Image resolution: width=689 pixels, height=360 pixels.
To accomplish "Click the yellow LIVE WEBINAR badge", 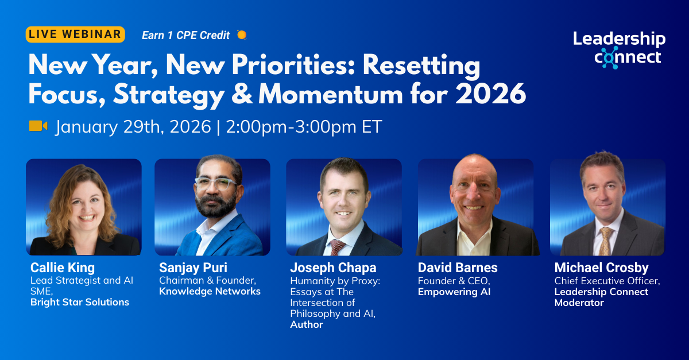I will [x=75, y=34].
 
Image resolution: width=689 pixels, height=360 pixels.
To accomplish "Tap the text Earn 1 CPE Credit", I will [x=185, y=35].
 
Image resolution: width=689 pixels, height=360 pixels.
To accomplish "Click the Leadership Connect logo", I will [x=619, y=49].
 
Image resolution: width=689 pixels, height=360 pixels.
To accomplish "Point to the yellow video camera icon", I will [x=38, y=126].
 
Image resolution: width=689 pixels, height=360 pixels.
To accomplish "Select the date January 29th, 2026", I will [x=133, y=126].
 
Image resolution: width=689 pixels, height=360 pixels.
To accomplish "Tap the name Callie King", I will [x=63, y=268].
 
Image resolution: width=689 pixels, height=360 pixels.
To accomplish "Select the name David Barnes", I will [x=458, y=268].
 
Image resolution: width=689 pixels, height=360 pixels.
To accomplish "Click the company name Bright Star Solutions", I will [x=79, y=302].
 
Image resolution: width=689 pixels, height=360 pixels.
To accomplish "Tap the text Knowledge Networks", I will [x=210, y=291].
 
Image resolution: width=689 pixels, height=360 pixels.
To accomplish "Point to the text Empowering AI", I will [x=454, y=291].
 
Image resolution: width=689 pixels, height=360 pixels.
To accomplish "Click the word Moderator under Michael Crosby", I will [x=579, y=303].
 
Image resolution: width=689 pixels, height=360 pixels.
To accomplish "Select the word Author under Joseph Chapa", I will [x=307, y=324].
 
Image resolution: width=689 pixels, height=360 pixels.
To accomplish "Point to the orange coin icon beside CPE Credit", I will [x=242, y=35].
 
